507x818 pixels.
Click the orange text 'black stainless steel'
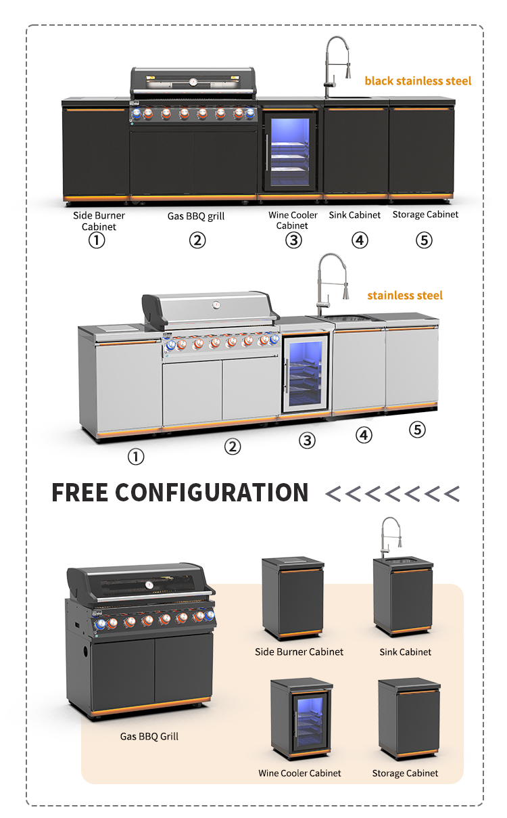(x=418, y=81)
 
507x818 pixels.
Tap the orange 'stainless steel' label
(x=405, y=296)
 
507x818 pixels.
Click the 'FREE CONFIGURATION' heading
(x=180, y=493)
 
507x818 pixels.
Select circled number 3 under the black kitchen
(x=293, y=240)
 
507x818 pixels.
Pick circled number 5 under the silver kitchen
(x=418, y=430)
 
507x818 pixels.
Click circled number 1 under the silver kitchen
(x=136, y=457)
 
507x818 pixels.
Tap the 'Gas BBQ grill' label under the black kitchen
(x=196, y=217)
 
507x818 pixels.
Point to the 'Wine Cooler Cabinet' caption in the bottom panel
(x=299, y=773)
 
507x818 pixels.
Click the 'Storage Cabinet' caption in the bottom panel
(x=405, y=773)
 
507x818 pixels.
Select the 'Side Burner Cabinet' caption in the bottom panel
(x=299, y=652)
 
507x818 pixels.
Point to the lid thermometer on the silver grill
(x=216, y=304)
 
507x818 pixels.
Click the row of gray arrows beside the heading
(x=392, y=494)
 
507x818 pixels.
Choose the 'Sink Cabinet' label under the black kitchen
(x=355, y=215)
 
